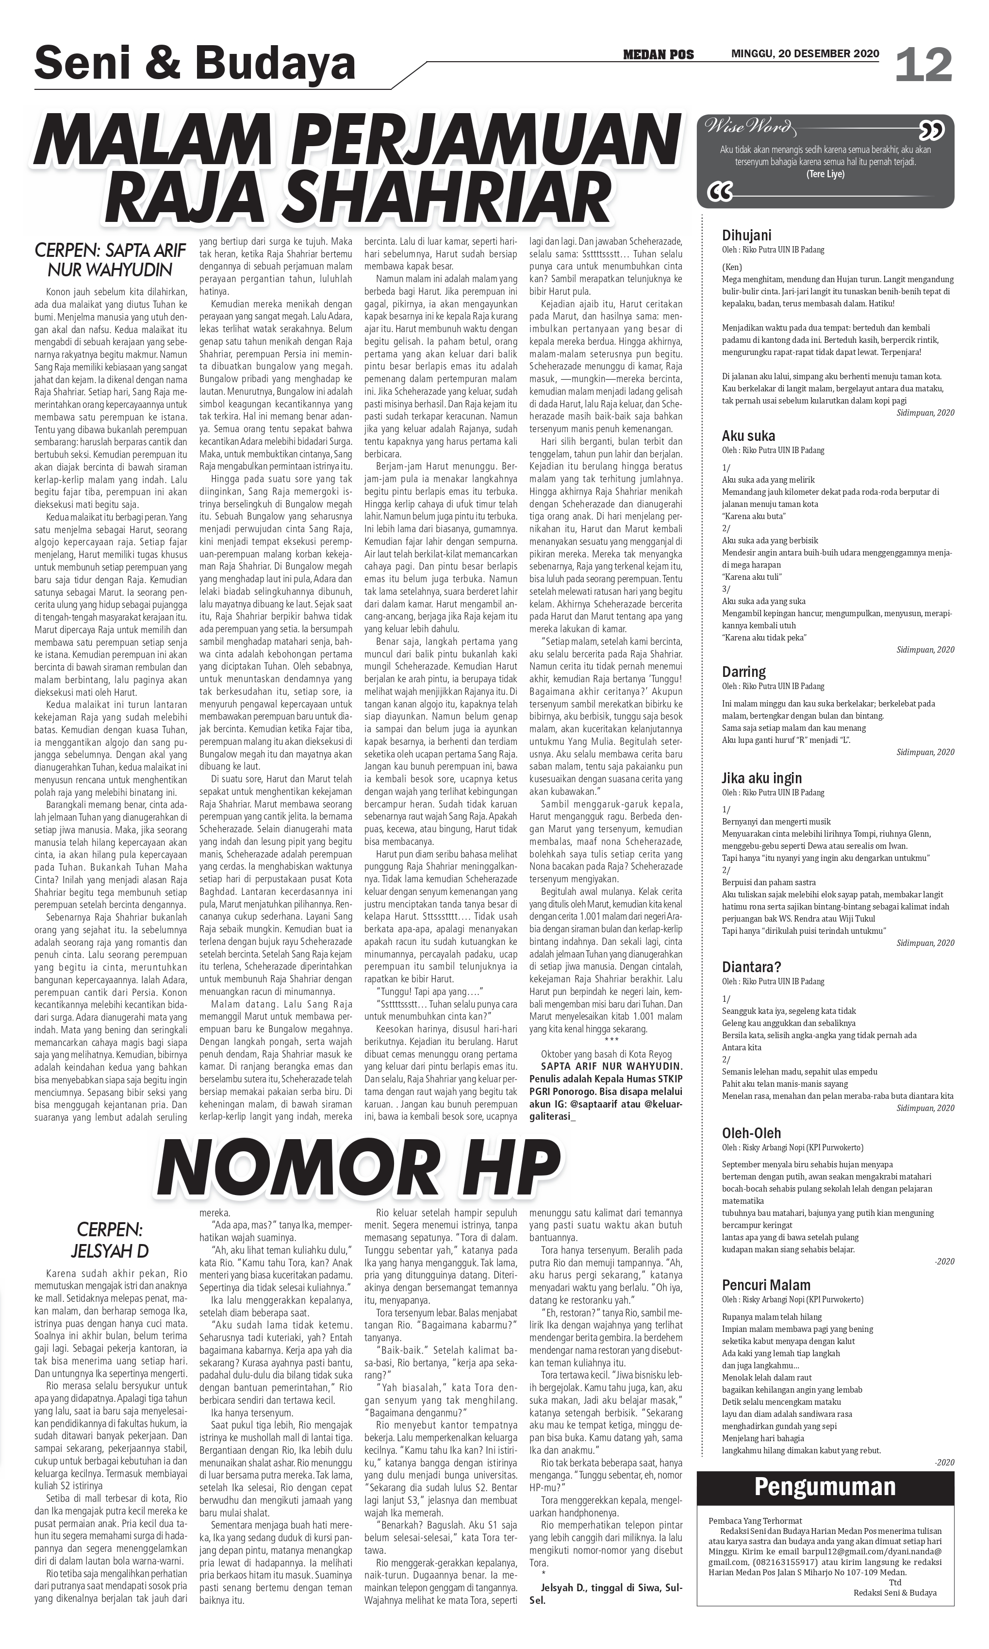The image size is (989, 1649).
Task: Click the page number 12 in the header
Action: click(x=923, y=66)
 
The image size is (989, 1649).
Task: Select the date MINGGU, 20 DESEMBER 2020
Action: click(x=805, y=54)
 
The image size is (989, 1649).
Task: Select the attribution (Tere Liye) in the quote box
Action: click(x=825, y=174)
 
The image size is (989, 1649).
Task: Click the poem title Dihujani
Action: click(x=746, y=235)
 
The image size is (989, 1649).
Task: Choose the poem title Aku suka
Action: click(x=748, y=436)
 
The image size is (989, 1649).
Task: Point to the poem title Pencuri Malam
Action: click(x=766, y=1285)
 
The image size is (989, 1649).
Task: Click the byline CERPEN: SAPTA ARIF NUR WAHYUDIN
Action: click(x=110, y=261)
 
